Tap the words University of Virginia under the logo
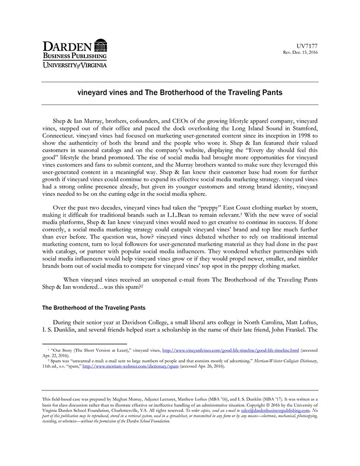tap(75, 65)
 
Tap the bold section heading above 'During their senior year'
tap(92, 308)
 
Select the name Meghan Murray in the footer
tap(134, 399)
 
